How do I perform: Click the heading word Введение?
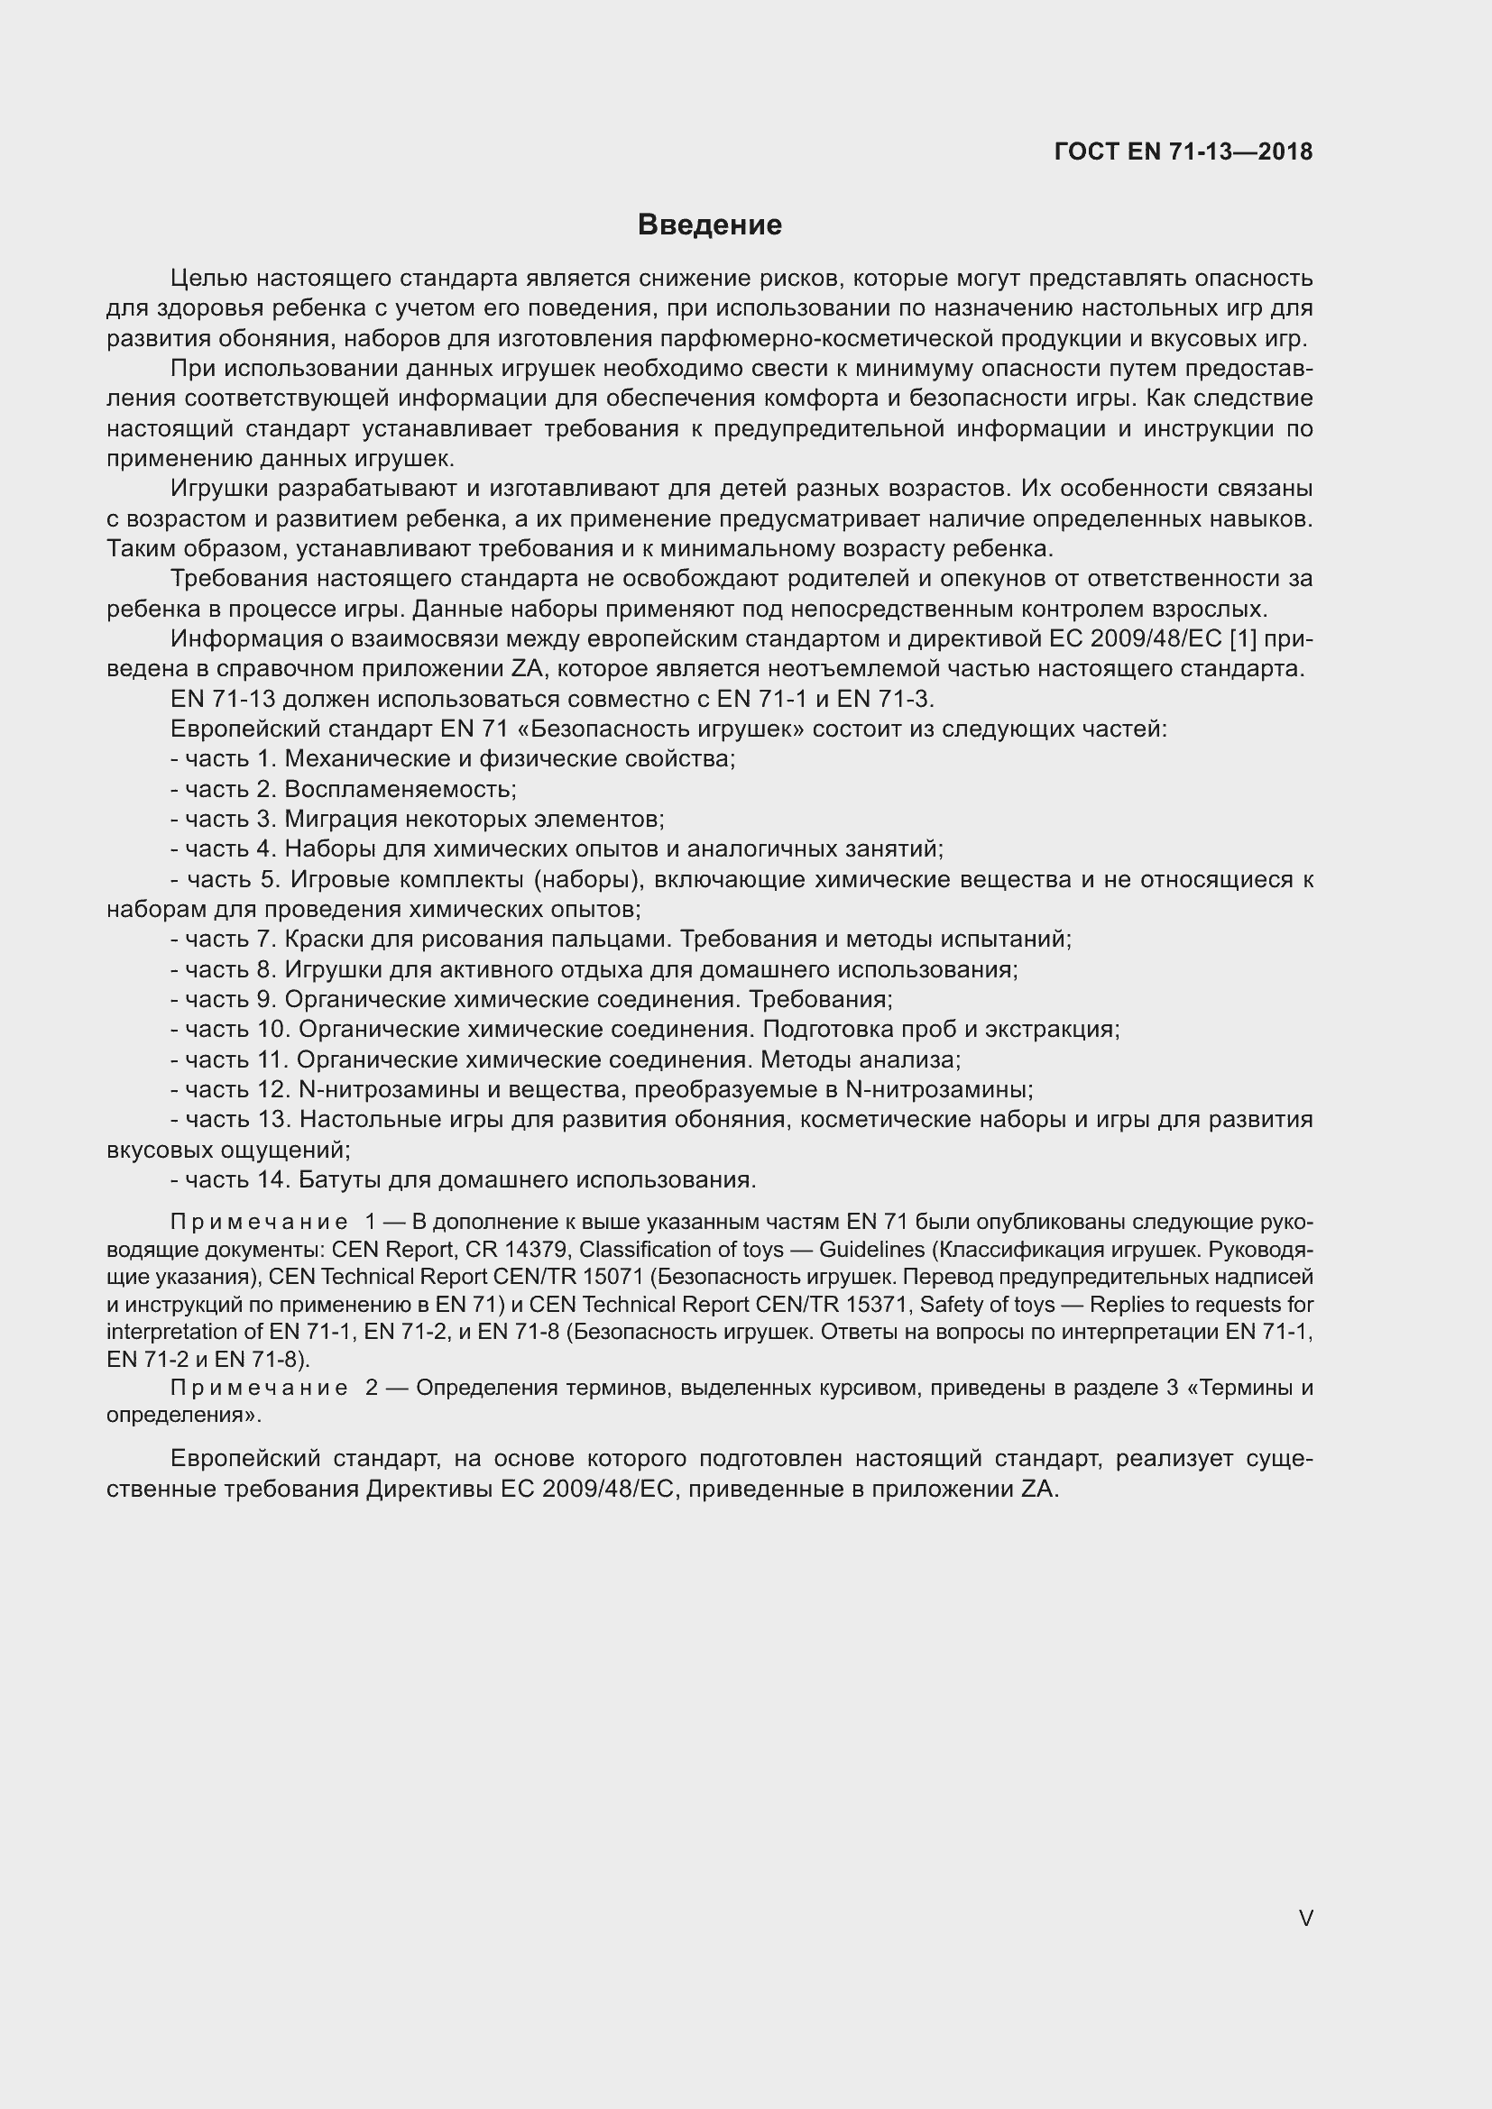click(x=709, y=225)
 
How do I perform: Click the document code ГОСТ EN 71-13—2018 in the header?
click(x=1183, y=152)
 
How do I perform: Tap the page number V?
click(x=1305, y=1918)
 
